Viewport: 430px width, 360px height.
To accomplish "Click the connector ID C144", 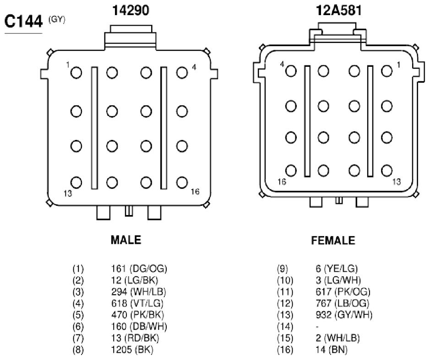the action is (x=24, y=21).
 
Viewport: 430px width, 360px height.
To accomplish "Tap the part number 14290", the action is (x=131, y=11).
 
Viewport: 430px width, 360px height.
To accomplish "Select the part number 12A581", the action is (x=339, y=11).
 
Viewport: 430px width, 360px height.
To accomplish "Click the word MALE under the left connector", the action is (x=126, y=240).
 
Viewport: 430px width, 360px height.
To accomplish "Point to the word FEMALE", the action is (x=333, y=241).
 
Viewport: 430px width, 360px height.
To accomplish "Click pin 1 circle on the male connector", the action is (x=76, y=73).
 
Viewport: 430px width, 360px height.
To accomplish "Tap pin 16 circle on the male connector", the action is (x=182, y=183).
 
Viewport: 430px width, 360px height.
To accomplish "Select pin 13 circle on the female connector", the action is (x=386, y=171).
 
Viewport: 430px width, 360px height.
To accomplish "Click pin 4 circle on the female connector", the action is (x=291, y=71).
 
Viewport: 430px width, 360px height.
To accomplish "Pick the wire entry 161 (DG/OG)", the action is (x=139, y=269).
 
